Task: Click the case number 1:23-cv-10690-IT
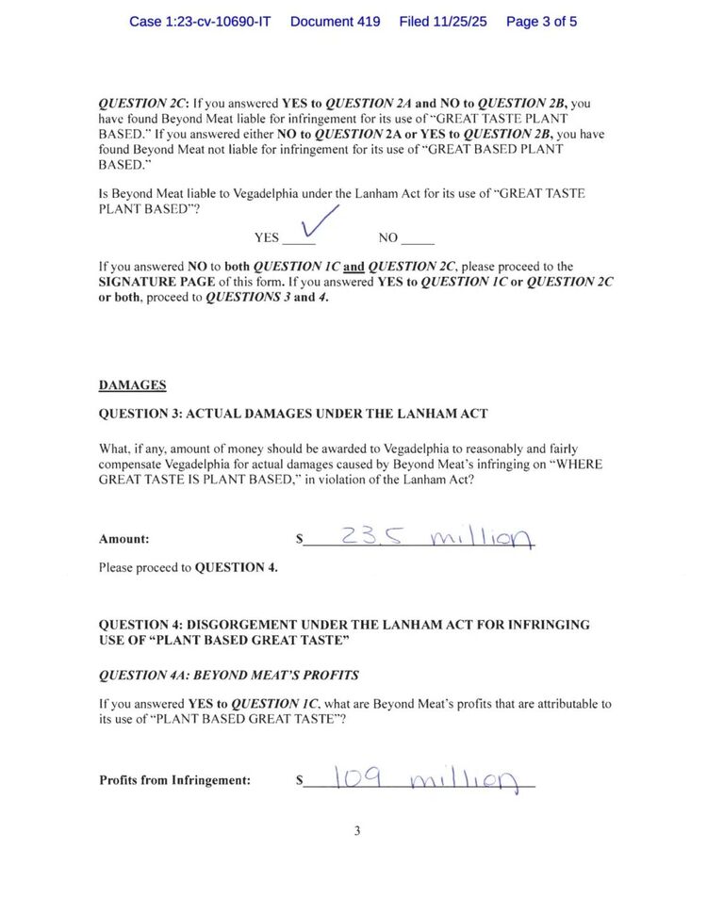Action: (x=200, y=21)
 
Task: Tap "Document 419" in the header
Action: (x=335, y=21)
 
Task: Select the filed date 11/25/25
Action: (x=443, y=21)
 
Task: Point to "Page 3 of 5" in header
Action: (x=541, y=21)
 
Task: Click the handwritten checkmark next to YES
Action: (x=318, y=225)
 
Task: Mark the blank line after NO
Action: (x=418, y=241)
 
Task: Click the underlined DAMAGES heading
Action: (x=132, y=384)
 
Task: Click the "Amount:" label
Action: (x=123, y=540)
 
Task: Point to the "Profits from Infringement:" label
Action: (x=174, y=780)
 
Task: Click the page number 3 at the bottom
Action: (x=357, y=830)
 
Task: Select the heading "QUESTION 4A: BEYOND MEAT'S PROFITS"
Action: (x=228, y=676)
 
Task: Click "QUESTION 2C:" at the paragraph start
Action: (x=143, y=103)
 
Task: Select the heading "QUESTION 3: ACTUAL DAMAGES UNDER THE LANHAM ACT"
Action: (x=293, y=415)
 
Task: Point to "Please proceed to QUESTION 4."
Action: (x=188, y=567)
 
